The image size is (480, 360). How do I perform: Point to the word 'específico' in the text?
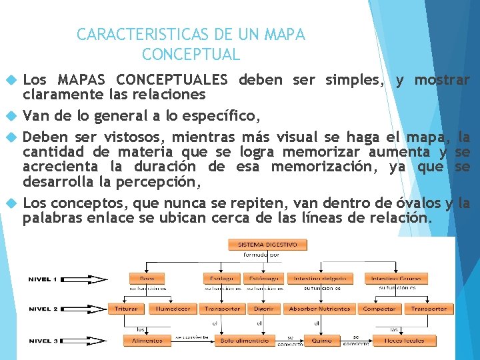(x=224, y=117)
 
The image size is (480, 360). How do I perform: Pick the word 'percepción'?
(x=165, y=181)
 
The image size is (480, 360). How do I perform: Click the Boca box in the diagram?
(x=147, y=278)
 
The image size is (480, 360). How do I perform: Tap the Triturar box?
(x=126, y=309)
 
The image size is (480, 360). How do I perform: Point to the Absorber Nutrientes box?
(x=319, y=309)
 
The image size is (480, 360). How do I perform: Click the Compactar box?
(x=379, y=309)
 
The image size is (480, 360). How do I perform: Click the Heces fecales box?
(x=405, y=341)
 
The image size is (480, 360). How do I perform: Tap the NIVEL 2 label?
(x=43, y=309)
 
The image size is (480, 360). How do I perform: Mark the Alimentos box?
(x=147, y=341)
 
